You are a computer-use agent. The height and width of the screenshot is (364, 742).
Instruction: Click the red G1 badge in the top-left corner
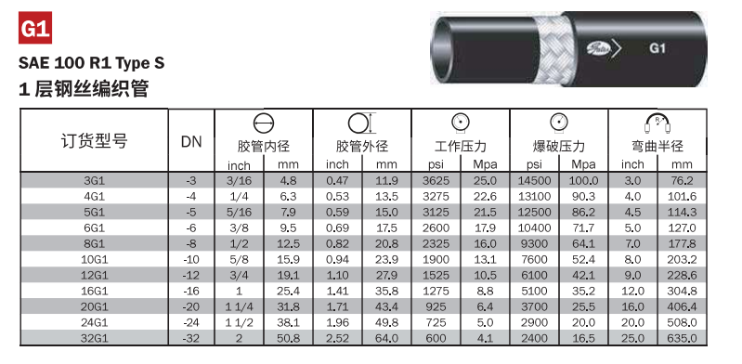point(35,28)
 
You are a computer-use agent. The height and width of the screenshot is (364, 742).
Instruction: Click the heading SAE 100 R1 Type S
point(92,62)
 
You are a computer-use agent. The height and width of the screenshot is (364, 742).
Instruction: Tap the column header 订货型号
point(94,140)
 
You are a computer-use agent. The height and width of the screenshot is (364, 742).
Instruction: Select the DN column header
point(191,141)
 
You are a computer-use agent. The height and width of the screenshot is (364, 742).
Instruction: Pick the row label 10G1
point(94,259)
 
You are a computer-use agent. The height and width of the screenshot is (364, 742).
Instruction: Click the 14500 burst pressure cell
point(534,180)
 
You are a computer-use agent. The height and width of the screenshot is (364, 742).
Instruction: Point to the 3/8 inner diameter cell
point(239,228)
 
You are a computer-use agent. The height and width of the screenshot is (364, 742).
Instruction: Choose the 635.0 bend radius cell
point(682,338)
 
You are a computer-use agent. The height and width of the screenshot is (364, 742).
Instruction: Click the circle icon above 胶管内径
point(264,124)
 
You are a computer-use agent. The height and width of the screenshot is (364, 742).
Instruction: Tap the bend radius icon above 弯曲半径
point(657,123)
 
